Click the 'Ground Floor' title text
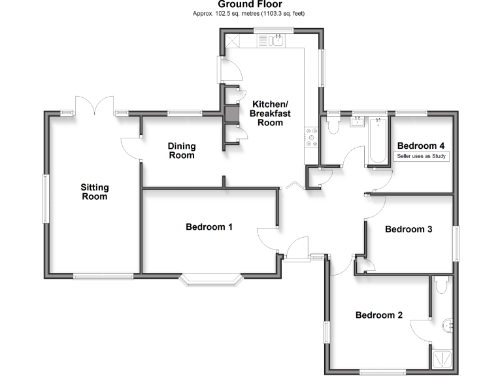tap(251, 5)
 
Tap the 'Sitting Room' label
tap(94, 191)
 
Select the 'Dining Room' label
tap(182, 151)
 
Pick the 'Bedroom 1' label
tap(209, 227)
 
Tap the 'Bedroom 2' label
tap(378, 315)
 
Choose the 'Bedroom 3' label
tap(409, 229)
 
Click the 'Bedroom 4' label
tap(421, 146)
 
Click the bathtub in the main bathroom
tap(378, 141)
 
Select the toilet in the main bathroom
tap(333, 125)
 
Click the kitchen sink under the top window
tap(276, 40)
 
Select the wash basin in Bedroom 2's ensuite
tap(447, 324)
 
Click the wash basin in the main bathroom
tap(358, 121)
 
